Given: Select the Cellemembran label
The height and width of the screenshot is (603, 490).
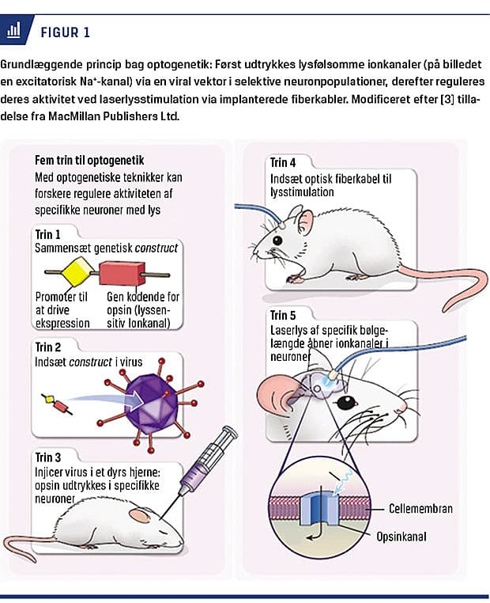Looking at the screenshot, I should (x=420, y=508).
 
